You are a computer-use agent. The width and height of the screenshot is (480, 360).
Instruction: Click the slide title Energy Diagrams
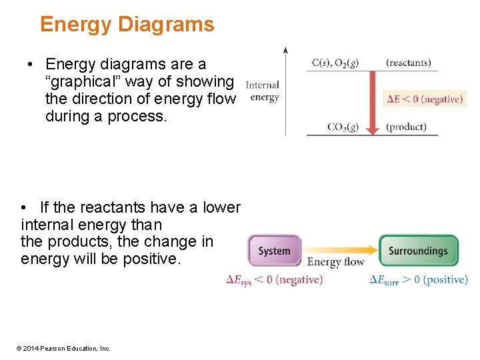[x=127, y=25]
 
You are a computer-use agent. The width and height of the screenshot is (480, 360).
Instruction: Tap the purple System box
[x=274, y=251]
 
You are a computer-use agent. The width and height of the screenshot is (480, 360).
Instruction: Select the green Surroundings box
[x=418, y=251]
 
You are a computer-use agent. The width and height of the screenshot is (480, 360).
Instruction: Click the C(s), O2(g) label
[x=335, y=63]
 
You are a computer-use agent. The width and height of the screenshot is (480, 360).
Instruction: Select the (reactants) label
[x=408, y=63]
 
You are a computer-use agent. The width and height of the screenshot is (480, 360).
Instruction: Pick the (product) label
[x=405, y=127]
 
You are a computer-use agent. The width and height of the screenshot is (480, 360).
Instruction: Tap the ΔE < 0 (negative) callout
[x=425, y=99]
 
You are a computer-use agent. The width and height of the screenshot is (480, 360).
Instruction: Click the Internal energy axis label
[x=263, y=91]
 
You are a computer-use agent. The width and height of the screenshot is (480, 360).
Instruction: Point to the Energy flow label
[x=336, y=262]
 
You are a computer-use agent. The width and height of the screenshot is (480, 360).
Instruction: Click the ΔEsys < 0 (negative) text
[x=274, y=280]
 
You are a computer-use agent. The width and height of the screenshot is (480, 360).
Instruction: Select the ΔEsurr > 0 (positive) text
[x=419, y=280]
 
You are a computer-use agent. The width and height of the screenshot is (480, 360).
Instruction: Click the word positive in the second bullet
[x=153, y=259]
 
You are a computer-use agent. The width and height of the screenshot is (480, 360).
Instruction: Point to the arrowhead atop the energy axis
[x=285, y=50]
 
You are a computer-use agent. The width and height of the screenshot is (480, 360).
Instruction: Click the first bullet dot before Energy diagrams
[x=31, y=65]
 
